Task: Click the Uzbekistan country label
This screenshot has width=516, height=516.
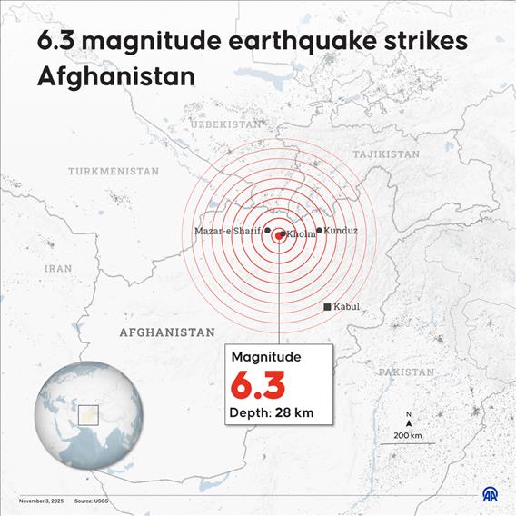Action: click(228, 123)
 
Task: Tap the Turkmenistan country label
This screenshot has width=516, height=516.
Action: click(114, 171)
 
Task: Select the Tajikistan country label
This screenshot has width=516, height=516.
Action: click(386, 154)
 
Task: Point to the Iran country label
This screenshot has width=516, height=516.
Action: click(58, 269)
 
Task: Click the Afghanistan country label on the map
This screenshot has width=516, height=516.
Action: click(167, 332)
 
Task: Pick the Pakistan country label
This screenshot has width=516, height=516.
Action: click(406, 372)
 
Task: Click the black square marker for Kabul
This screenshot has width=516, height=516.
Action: click(328, 307)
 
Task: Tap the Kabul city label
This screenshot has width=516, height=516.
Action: click(347, 307)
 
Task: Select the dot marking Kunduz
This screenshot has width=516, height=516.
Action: click(319, 231)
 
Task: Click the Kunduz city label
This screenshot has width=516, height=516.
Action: click(341, 231)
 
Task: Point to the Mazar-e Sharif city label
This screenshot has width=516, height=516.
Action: click(227, 232)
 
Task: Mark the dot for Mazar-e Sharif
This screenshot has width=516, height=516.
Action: click(267, 231)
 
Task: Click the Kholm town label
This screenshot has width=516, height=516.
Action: click(302, 234)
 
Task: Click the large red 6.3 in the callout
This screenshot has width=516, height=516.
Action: click(257, 385)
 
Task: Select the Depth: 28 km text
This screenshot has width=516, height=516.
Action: click(270, 414)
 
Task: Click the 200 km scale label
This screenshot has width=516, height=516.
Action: click(409, 436)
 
